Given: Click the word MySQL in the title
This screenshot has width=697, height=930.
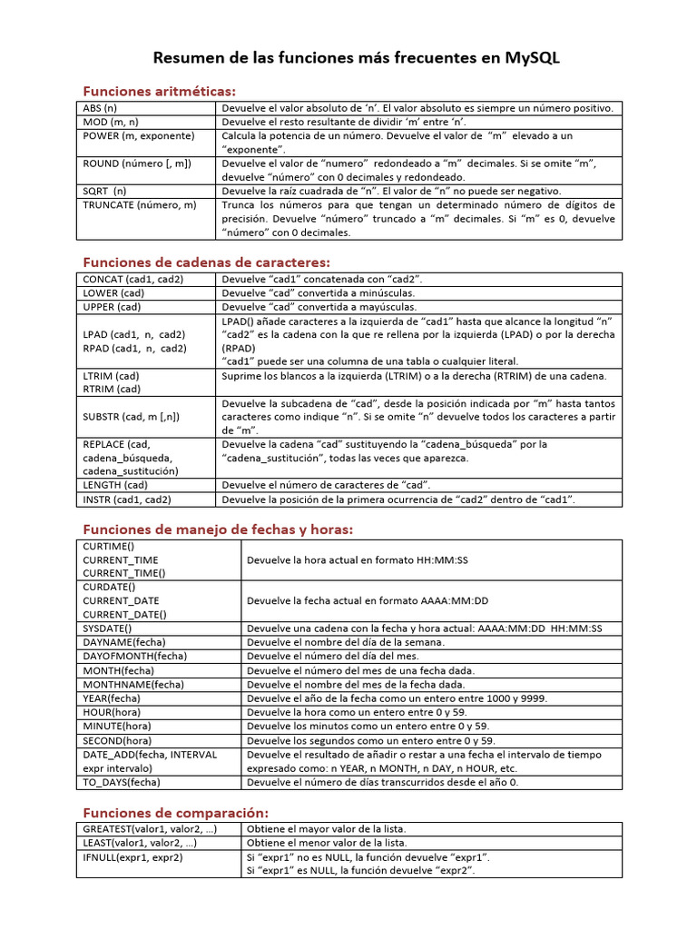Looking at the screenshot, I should (527, 58).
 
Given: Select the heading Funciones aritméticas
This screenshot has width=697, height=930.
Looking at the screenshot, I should (159, 91).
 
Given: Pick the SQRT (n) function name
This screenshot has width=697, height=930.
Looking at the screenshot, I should (105, 191).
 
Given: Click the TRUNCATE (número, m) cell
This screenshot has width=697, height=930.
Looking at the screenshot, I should (139, 204).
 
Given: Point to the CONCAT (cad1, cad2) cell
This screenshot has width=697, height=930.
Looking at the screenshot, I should (133, 280).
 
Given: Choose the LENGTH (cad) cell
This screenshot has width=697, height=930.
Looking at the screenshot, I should (115, 486).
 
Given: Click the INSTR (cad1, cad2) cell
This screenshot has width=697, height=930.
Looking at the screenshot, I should (127, 500).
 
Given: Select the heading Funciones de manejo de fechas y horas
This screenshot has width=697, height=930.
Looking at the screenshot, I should (218, 529).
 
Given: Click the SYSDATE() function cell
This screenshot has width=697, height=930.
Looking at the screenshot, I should (107, 628).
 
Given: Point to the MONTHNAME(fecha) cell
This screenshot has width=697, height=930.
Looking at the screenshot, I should (133, 684).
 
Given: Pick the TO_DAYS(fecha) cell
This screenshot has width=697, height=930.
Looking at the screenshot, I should (121, 781).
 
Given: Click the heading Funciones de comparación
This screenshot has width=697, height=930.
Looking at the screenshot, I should (176, 812).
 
